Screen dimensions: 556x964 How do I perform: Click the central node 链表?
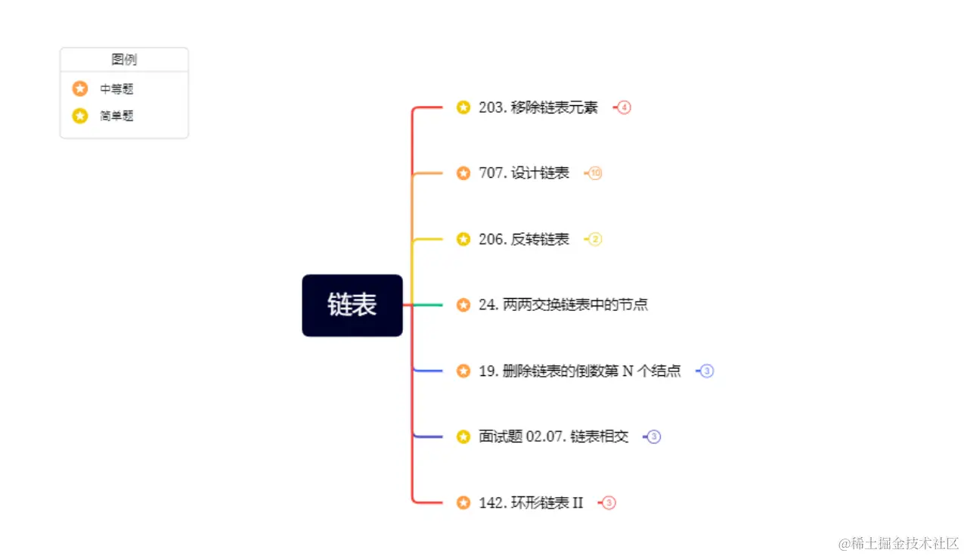352,305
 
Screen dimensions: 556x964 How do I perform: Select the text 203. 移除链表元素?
538,107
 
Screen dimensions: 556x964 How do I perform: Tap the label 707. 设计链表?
524,173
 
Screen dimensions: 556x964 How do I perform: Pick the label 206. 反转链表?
524,239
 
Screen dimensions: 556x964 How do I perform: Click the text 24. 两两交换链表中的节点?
563,305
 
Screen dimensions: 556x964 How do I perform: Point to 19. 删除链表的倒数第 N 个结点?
580,371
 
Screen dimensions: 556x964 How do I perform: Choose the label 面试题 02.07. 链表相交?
553,436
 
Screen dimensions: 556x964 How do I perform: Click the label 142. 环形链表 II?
531,502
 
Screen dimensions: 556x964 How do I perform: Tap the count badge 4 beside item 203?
624,107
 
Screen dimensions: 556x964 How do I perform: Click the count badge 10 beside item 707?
596,173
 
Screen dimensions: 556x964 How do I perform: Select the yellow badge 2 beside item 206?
596,239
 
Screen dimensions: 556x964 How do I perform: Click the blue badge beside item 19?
707,371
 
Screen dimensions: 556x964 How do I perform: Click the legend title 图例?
124,60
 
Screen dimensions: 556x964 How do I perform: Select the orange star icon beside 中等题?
80,89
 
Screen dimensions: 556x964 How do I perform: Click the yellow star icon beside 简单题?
80,116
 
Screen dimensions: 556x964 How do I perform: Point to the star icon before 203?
463,107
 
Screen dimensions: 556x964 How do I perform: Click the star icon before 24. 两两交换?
463,305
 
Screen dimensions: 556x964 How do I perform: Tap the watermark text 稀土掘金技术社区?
899,543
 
